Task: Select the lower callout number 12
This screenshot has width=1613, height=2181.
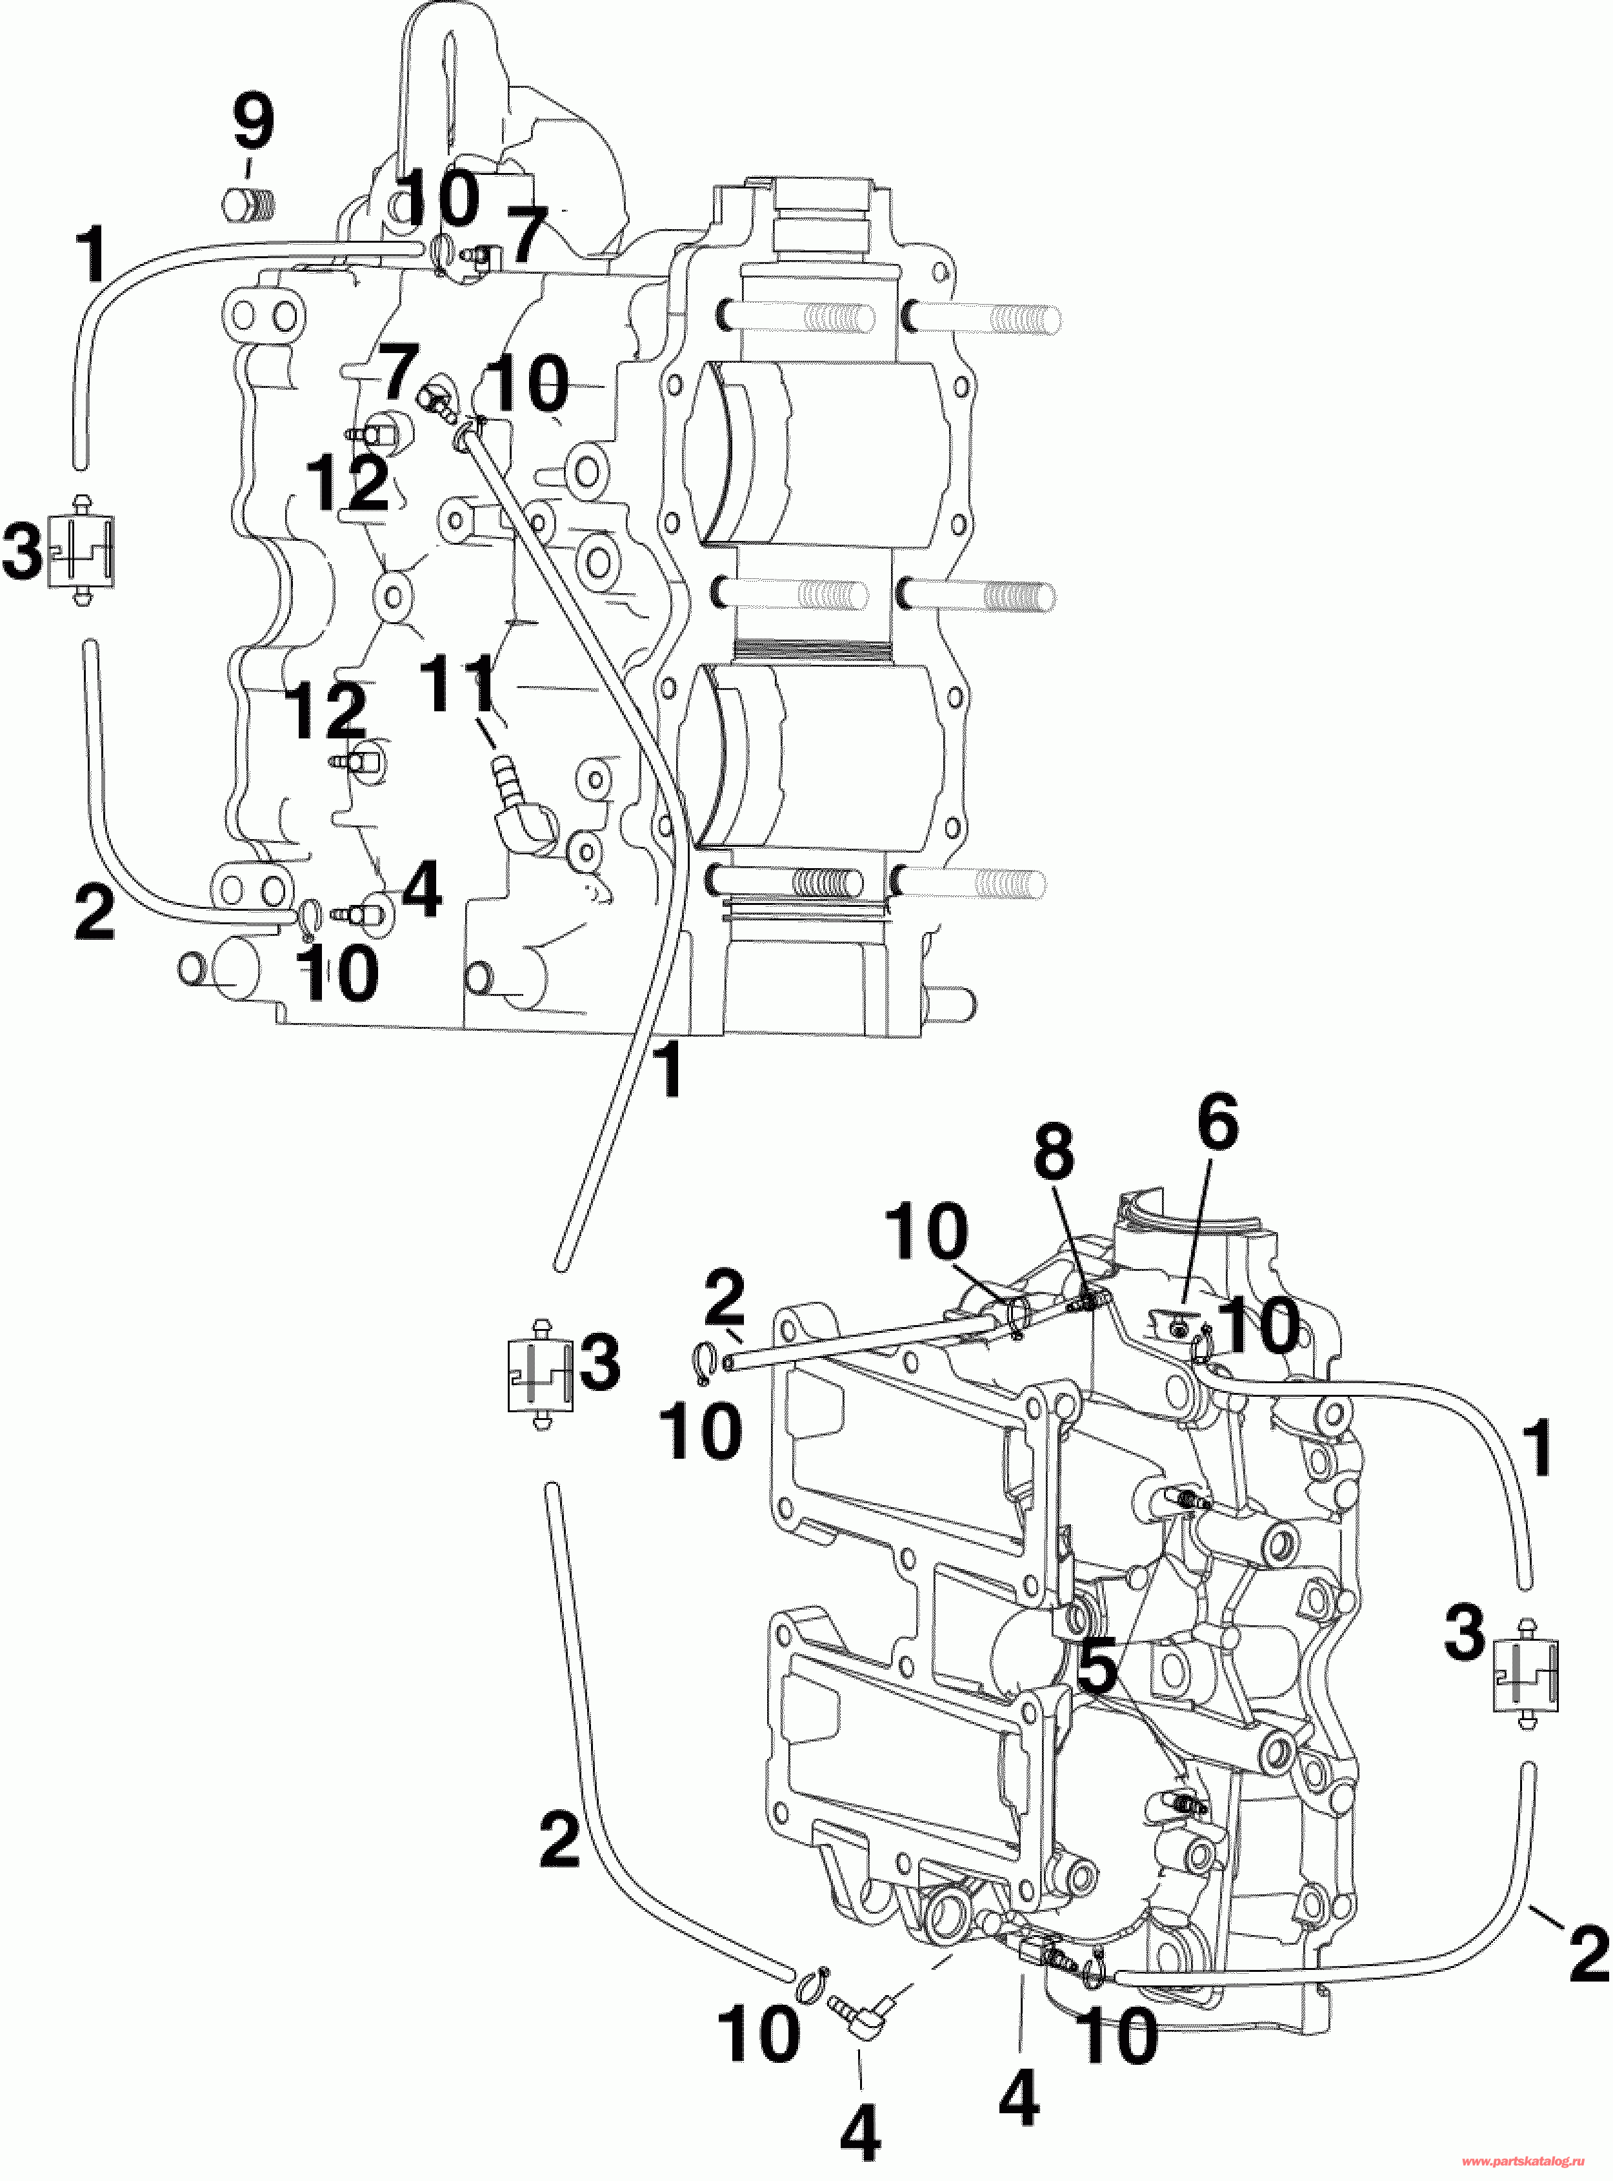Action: click(327, 711)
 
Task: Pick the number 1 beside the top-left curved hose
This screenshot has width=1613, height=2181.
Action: click(94, 254)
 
